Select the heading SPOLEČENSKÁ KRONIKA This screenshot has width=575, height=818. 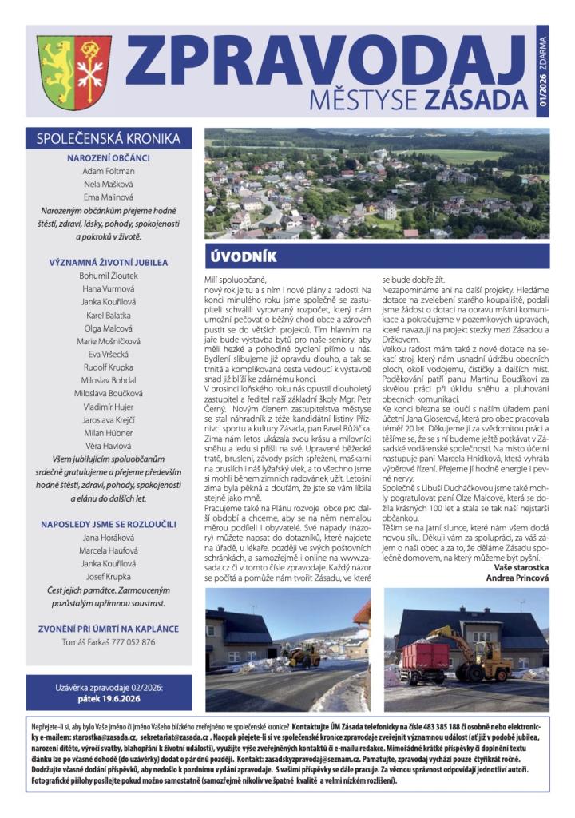point(109,138)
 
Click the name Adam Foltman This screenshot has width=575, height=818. point(109,171)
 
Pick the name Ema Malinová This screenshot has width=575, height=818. point(109,197)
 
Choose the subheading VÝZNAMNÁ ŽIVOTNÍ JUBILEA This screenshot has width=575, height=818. point(109,261)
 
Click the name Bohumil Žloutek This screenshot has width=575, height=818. point(109,275)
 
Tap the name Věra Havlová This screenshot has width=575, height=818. point(109,446)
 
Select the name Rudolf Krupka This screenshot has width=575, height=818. point(109,367)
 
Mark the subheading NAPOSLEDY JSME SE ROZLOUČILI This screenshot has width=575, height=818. point(109,524)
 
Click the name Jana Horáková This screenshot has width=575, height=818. point(109,538)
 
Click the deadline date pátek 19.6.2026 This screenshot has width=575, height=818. point(109,697)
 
